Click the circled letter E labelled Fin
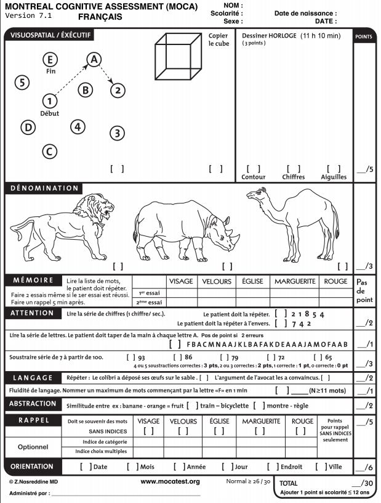click(51, 59)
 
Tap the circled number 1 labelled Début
click(50, 100)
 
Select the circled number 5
click(22, 83)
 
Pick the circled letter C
click(50, 151)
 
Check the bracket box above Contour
click(253, 168)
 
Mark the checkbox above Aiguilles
click(334, 168)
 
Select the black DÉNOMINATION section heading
click(44, 188)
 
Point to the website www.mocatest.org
click(170, 481)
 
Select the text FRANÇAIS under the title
click(100, 17)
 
